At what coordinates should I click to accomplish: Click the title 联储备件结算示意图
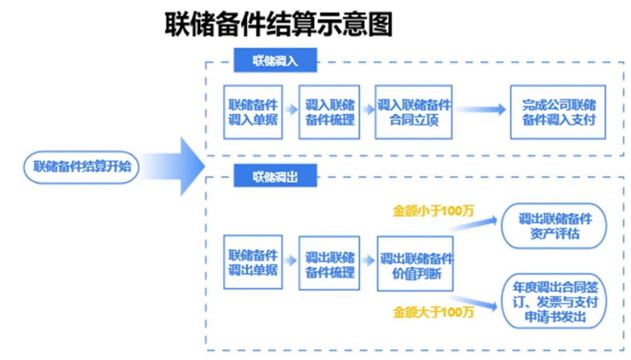click(279, 25)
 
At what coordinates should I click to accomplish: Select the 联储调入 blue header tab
click(275, 61)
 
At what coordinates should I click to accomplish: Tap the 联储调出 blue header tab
click(275, 176)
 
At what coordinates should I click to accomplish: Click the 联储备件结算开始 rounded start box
click(82, 167)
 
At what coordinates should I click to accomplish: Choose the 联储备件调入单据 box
click(253, 112)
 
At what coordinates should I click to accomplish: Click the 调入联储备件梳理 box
click(329, 112)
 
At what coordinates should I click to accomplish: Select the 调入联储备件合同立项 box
click(414, 112)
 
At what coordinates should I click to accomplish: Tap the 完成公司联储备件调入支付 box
click(557, 112)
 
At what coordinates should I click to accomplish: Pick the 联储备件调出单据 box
click(253, 262)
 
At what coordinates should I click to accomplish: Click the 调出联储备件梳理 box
click(329, 264)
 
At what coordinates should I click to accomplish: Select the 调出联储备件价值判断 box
click(415, 264)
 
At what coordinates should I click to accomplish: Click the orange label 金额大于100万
click(433, 311)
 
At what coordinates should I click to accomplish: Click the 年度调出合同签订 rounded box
click(554, 302)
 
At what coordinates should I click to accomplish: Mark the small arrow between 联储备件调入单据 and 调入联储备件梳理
click(290, 109)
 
